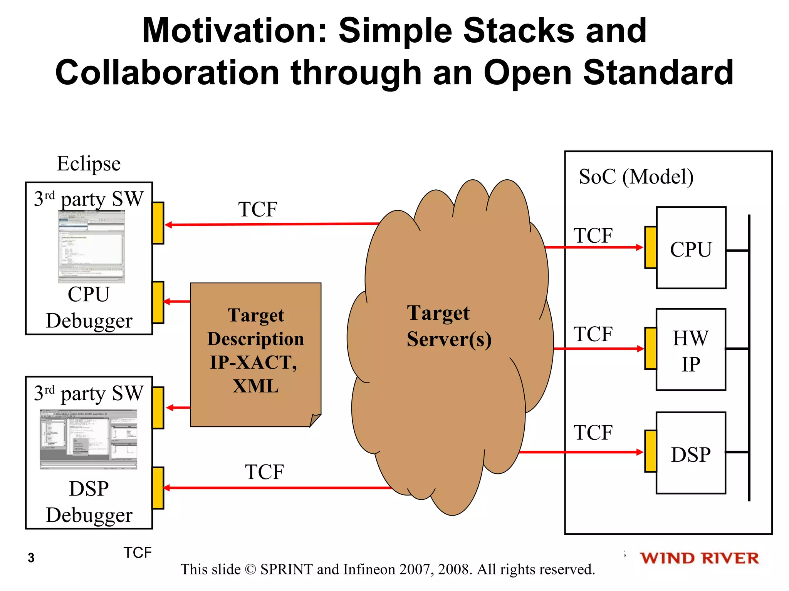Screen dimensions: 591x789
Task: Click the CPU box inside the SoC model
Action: pyautogui.click(x=691, y=248)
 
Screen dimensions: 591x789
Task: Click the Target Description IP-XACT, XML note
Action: pyautogui.click(x=255, y=354)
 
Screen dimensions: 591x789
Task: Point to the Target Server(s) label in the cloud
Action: pyautogui.click(x=449, y=326)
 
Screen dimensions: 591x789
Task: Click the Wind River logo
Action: pyautogui.click(x=699, y=558)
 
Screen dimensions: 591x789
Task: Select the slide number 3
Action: pyautogui.click(x=31, y=558)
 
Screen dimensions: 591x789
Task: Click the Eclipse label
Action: pyautogui.click(x=89, y=164)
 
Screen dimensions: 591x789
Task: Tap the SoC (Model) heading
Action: pyautogui.click(x=636, y=177)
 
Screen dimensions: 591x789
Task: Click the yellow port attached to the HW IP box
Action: pyautogui.click(x=651, y=349)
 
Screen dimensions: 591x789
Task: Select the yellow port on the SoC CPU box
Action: pyautogui.click(x=651, y=247)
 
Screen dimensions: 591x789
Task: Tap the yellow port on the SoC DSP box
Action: pyautogui.click(x=651, y=451)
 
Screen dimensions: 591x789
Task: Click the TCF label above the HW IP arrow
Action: pyautogui.click(x=593, y=334)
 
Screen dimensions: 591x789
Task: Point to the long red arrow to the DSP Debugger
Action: pyautogui.click(x=277, y=488)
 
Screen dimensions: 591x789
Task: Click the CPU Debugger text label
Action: pyautogui.click(x=89, y=307)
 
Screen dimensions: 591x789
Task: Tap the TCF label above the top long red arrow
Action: pyautogui.click(x=257, y=210)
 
